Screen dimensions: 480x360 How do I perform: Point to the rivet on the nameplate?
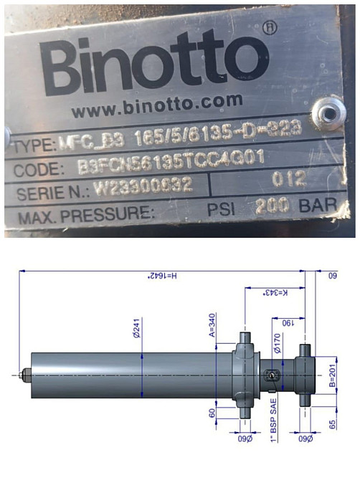[330, 110]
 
